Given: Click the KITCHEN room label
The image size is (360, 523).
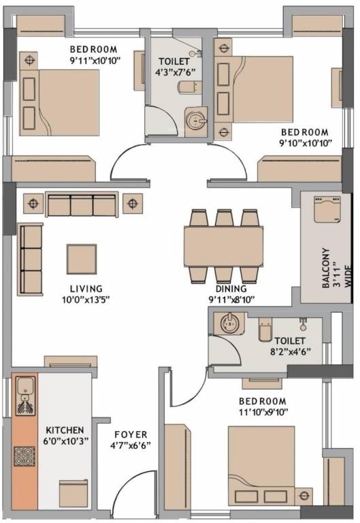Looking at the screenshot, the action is [x=65, y=430].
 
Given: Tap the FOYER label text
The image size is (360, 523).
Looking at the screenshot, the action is [x=131, y=434].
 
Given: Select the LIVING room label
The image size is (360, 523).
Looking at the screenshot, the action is [x=86, y=289].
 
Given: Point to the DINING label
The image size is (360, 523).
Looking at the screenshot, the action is [x=231, y=289].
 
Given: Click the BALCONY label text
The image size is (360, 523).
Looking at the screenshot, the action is [x=326, y=268].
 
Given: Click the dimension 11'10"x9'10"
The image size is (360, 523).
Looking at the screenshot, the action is [x=263, y=412].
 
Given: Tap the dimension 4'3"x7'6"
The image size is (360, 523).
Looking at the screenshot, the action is [x=175, y=72].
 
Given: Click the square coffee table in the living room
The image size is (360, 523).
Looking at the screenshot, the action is [x=82, y=259].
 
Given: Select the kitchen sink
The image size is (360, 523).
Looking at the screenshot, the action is [x=25, y=396].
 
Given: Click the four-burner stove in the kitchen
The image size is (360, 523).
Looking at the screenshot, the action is [x=24, y=456].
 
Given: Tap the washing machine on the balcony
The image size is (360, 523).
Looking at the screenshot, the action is [x=327, y=209].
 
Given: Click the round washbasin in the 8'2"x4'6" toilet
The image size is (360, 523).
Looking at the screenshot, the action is [x=229, y=323].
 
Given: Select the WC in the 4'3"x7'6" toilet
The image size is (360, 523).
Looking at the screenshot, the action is [x=190, y=87].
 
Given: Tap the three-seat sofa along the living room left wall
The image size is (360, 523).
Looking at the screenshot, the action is [x=31, y=259].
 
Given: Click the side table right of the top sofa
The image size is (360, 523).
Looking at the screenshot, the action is [x=133, y=203].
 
